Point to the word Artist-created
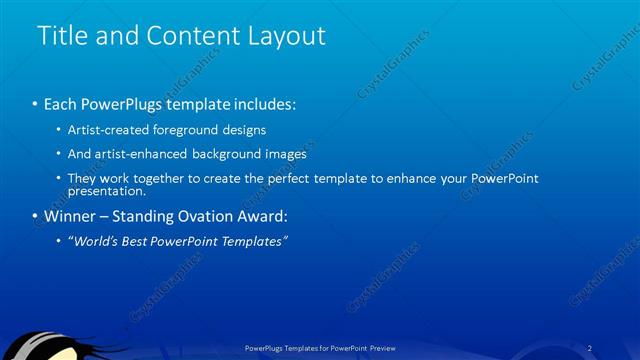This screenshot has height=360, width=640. coord(108,130)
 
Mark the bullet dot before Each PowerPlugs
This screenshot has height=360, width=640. coord(34,104)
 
